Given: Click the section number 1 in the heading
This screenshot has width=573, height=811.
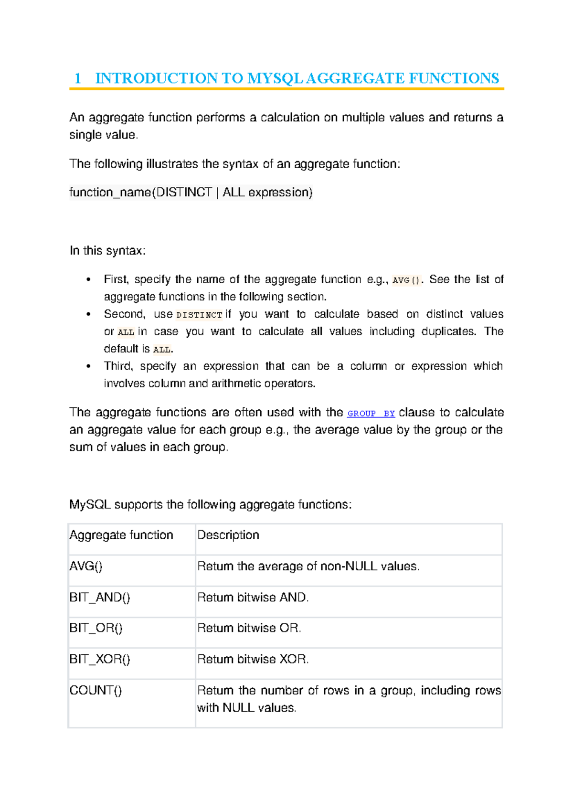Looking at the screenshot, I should point(78,78).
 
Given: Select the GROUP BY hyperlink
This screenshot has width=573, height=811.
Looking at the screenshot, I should point(371,414).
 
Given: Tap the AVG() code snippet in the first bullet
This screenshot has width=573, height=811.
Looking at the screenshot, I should point(407,280).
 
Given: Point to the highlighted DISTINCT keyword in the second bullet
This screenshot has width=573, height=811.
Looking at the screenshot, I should point(199,315).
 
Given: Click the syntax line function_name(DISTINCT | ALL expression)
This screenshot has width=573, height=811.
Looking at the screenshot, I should point(191,192).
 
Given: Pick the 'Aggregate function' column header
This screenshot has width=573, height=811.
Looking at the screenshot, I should point(121,535).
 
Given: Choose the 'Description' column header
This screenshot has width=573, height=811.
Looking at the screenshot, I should point(228,535).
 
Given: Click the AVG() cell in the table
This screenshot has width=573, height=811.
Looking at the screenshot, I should point(86,566).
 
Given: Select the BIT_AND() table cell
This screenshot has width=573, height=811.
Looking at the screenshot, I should point(100,598).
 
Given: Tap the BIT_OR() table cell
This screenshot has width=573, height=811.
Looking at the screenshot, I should point(96,628).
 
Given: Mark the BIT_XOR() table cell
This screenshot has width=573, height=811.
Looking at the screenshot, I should point(100,659).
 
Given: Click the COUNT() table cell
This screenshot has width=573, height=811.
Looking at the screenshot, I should point(95,690).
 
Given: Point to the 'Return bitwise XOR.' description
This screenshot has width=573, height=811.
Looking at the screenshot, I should point(253,659).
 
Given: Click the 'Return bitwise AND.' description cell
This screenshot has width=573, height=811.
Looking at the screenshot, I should point(253,598).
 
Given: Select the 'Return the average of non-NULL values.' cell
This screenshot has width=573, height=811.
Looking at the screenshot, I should point(308,566).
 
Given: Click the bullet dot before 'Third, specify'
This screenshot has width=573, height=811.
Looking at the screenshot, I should point(88,366).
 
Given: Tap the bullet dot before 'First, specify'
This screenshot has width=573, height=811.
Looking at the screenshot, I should point(88,280).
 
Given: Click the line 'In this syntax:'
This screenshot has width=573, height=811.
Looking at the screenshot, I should point(107,251).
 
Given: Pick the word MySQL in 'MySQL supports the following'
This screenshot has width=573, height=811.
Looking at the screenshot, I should point(90,505).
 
